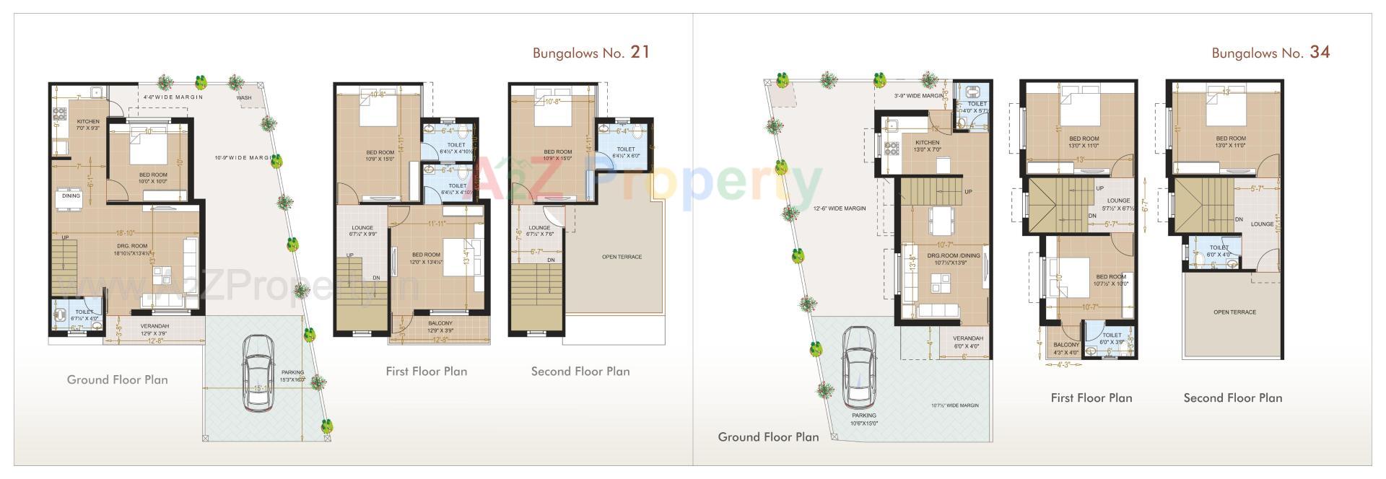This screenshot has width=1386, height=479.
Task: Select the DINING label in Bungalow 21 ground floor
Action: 71,195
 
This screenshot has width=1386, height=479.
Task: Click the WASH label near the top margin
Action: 244,97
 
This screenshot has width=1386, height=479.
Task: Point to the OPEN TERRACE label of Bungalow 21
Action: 622,257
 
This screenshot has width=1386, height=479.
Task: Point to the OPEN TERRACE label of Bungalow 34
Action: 1234,312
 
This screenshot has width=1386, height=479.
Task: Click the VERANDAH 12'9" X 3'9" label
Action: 154,330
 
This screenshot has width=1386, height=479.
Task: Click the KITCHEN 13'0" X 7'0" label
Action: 927,146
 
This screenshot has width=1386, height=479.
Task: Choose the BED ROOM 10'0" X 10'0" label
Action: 153,178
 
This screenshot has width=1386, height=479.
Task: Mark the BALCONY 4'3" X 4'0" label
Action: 1065,348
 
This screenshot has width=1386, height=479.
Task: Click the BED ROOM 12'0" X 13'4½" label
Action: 426,258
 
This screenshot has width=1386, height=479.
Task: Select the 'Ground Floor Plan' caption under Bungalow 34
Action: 768,436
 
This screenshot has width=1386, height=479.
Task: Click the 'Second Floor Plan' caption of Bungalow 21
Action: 580,372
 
